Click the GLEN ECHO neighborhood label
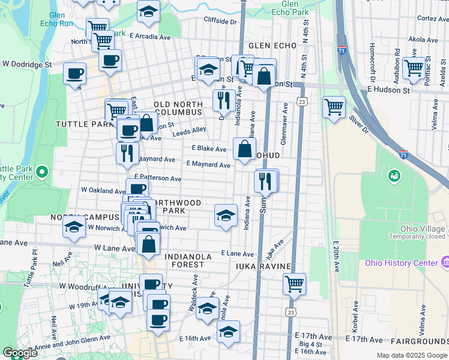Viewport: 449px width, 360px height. point(270,46)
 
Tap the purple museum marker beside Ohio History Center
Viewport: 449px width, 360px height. point(445,262)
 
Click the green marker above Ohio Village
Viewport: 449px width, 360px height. point(394,176)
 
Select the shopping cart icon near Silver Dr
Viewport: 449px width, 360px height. point(334,107)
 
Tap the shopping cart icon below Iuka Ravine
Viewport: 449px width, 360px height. point(294,284)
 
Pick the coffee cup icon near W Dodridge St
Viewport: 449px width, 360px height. point(75,73)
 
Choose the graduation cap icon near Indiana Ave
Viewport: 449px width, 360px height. point(224,215)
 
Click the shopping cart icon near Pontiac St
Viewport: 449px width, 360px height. point(414,68)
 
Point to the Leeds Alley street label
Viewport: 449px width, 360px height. point(189,130)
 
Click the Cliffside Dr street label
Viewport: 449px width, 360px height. point(220,21)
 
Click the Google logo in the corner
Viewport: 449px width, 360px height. point(20,353)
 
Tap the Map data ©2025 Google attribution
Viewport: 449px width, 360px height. point(411,355)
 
